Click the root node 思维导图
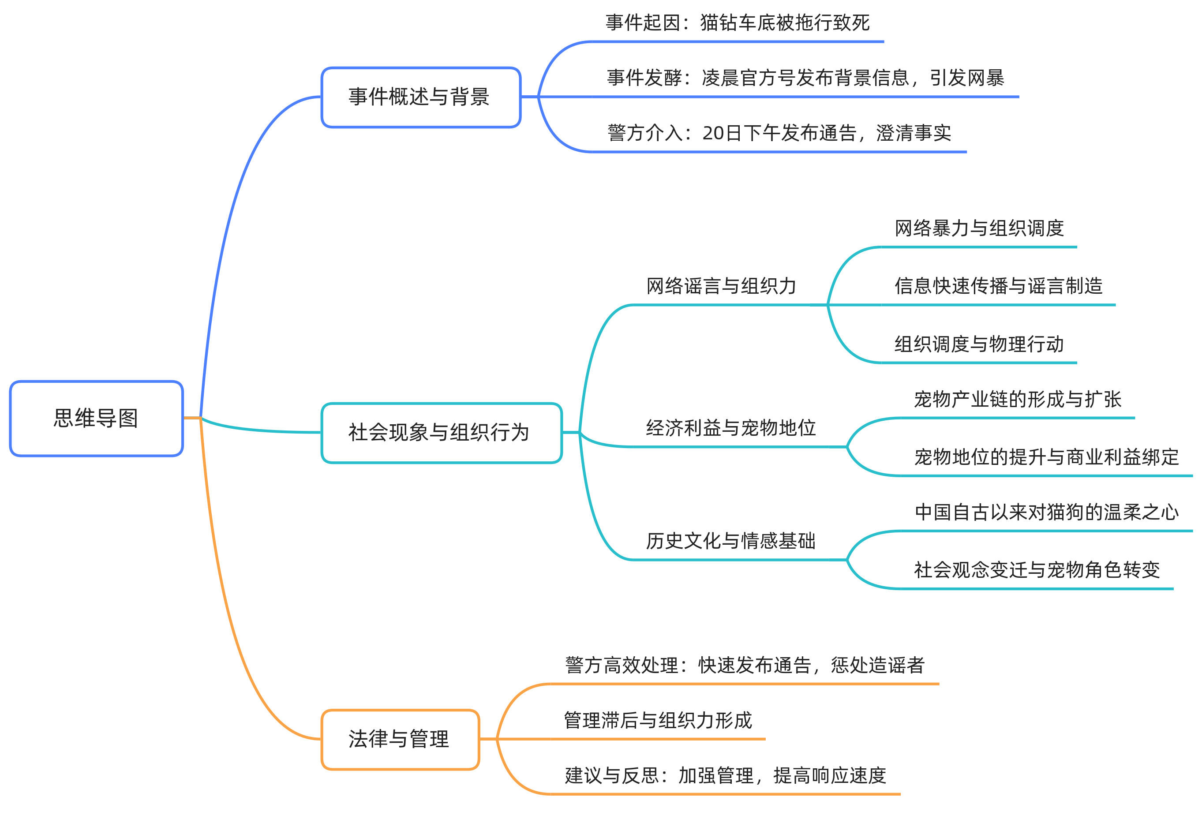[96, 419]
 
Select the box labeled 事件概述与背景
[420, 97]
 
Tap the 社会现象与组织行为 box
[441, 433]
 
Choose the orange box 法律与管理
[400, 739]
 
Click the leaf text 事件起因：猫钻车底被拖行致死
[737, 23]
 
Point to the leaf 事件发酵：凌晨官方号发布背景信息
[758, 78]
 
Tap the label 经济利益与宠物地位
[730, 428]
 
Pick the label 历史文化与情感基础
[730, 541]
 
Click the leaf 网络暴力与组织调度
[979, 228]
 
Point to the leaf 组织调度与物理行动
[979, 344]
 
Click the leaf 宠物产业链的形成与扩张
[1017, 399]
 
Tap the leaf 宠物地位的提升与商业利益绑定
[1046, 457]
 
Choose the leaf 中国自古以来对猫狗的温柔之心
[1046, 512]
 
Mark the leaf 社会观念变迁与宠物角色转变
[1037, 570]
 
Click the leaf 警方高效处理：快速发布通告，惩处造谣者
[744, 665]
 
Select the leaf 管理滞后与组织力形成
[657, 721]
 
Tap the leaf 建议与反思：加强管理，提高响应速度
[725, 775]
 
